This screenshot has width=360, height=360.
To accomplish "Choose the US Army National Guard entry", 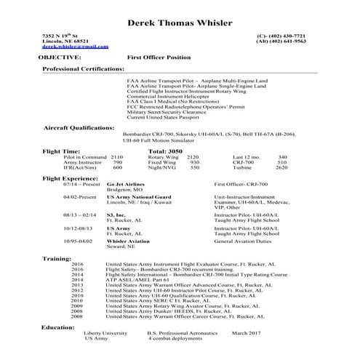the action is point(138,196).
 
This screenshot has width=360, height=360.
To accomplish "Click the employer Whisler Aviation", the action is point(129,239).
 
